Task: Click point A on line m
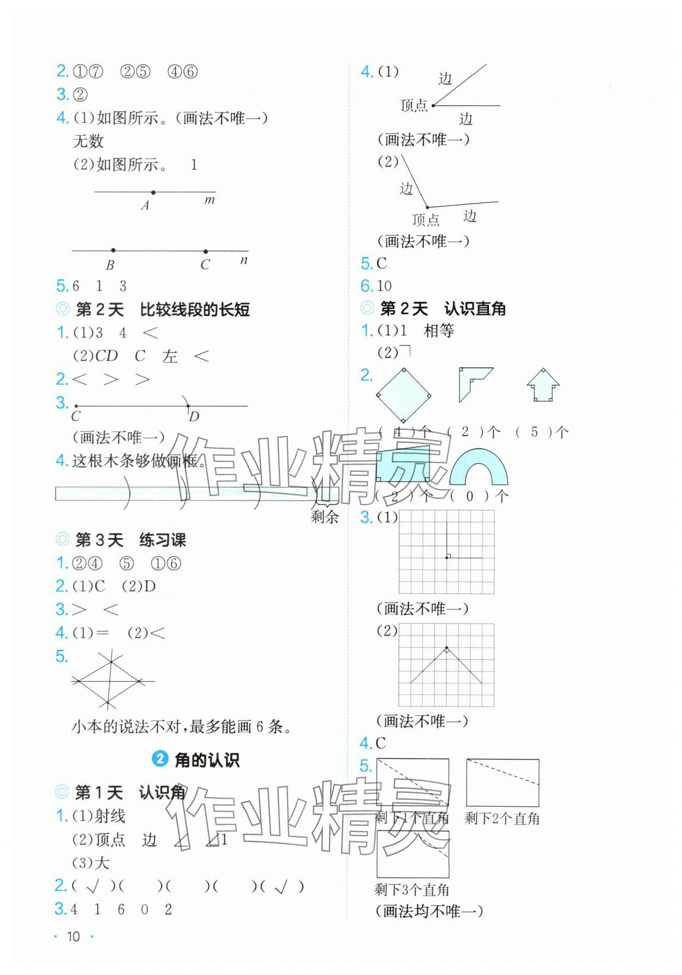click(x=153, y=193)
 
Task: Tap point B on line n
click(x=113, y=250)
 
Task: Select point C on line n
click(x=205, y=251)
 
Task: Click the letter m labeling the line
click(x=210, y=200)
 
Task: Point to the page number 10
click(x=73, y=936)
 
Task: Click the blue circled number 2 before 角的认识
click(x=159, y=759)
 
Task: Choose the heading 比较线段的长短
click(x=195, y=310)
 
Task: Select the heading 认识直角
click(x=475, y=308)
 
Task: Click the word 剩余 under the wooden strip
click(x=325, y=516)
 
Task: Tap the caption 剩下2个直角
click(x=502, y=818)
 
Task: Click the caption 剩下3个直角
click(x=412, y=890)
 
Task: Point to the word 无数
click(x=88, y=141)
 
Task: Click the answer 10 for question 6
click(x=384, y=286)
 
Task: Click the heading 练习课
click(x=163, y=540)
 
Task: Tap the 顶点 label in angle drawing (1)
click(x=414, y=105)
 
